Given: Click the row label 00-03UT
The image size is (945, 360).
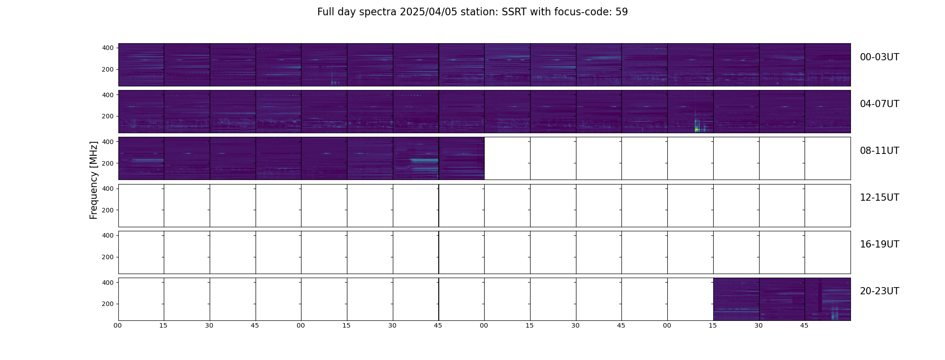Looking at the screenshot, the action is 879,57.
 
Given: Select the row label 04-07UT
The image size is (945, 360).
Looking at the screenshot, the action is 879,104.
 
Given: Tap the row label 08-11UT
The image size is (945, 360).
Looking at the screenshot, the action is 879,151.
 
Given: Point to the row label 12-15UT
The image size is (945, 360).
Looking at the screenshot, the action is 879,198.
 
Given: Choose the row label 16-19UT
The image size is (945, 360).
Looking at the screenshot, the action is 879,244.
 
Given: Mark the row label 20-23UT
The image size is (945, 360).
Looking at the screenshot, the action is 879,291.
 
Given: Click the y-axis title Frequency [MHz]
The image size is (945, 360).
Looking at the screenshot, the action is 94,180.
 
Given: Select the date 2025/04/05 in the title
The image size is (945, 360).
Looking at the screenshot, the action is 428,12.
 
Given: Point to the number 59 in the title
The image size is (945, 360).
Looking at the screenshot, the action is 621,12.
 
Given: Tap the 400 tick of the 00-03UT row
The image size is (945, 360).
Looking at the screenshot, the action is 108,48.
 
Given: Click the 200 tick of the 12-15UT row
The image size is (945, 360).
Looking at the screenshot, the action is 108,210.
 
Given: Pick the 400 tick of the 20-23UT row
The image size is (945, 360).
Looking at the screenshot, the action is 108,283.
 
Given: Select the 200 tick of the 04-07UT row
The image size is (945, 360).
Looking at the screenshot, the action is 108,116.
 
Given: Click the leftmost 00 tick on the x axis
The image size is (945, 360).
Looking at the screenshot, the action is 118,325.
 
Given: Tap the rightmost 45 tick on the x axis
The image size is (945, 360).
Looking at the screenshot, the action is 804,325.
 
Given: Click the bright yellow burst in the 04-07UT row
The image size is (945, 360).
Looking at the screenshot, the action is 697,129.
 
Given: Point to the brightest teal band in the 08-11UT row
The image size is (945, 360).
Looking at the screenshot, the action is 424,160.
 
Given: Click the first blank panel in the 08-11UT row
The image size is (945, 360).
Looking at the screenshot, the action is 507,158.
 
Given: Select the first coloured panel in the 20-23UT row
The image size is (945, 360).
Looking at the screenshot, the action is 736,299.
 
